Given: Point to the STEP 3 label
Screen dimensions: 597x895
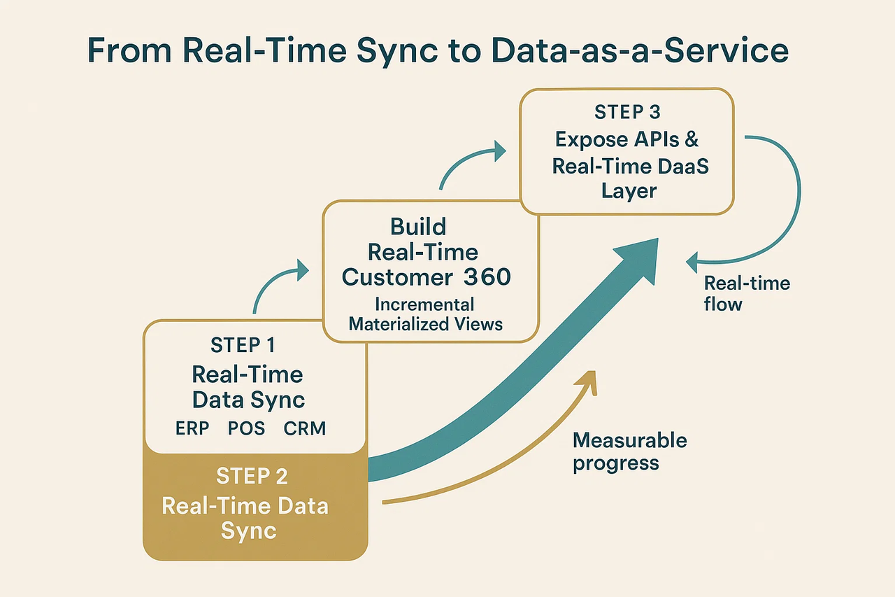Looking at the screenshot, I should pyautogui.click(x=626, y=112).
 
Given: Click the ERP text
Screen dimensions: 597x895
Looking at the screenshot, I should pyautogui.click(x=192, y=428).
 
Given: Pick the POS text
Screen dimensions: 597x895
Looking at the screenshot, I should pyautogui.click(x=246, y=428).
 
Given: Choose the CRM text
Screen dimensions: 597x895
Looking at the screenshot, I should pyautogui.click(x=305, y=428).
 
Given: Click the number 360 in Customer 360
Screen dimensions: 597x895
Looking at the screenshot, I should pyautogui.click(x=487, y=277).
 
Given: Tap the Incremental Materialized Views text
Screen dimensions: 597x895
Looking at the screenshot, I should pyautogui.click(x=425, y=314).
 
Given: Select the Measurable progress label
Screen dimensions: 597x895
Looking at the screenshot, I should pyautogui.click(x=629, y=451).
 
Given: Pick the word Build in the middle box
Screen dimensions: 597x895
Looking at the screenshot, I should pyautogui.click(x=419, y=227).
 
